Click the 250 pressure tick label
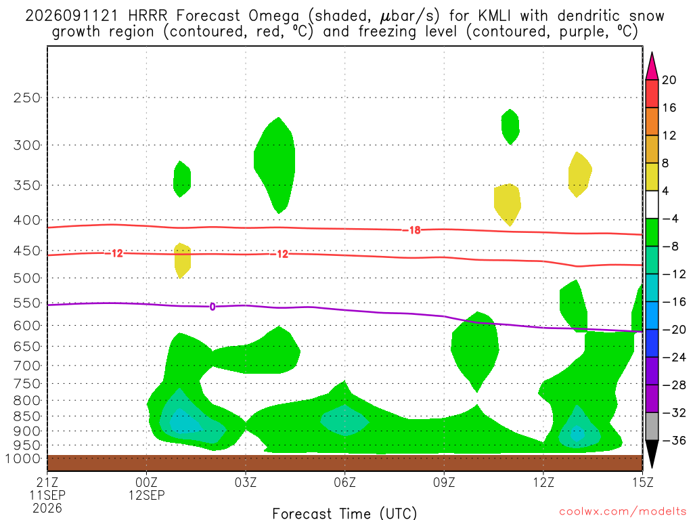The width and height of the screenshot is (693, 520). (x=27, y=97)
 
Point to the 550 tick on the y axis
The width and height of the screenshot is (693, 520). (x=27, y=303)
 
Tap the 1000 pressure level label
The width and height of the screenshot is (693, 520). (x=23, y=458)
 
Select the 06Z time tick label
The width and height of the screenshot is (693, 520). (x=344, y=482)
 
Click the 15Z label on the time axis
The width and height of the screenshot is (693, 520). (x=642, y=482)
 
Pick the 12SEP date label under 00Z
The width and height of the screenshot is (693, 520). (x=146, y=495)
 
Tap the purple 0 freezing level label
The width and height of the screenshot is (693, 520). (x=213, y=307)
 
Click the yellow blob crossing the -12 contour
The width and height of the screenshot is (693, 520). (x=183, y=261)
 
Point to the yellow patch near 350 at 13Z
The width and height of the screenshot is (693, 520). (x=579, y=174)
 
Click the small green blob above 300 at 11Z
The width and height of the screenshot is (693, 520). (x=510, y=127)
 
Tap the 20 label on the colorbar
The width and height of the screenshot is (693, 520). (x=669, y=80)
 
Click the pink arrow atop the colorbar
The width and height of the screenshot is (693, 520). (x=652, y=66)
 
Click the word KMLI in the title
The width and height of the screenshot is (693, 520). (x=494, y=16)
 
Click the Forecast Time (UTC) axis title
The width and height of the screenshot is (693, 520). (x=344, y=513)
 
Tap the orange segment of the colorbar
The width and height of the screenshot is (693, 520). (x=652, y=122)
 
